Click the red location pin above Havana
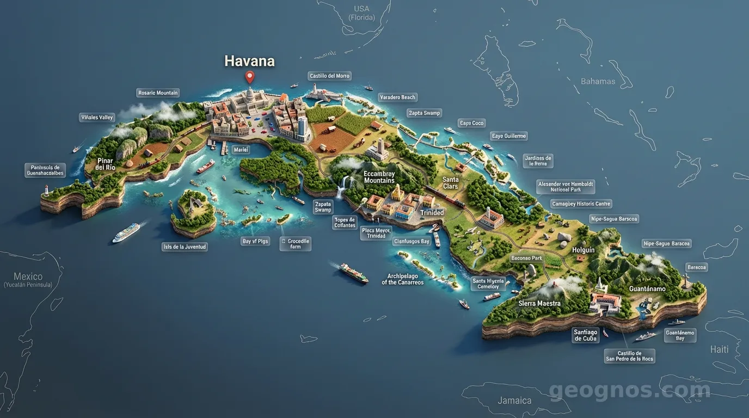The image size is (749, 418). pos(249,77)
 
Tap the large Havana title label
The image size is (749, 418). pos(249,61)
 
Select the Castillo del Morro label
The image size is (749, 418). pos(329,76)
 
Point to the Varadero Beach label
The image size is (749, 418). pos(397,97)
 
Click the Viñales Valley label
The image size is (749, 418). pos(97,118)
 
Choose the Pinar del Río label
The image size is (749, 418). pos(106,164)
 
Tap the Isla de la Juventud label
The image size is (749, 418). pos(185,247)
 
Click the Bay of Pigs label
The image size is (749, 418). pos(255,241)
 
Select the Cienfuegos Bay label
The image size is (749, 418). pos(412,241)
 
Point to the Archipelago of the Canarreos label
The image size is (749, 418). pos(402,279)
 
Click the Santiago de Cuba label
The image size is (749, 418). pos(585,335)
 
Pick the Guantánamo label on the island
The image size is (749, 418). pos(647,289)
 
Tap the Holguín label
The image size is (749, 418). pos(584,250)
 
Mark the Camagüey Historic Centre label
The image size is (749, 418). pos(582,204)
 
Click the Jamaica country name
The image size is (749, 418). pos(514,401)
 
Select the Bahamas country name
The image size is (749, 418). pos(598,82)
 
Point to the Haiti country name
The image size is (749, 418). pos(719,349)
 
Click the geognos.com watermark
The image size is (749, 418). pos(629,390)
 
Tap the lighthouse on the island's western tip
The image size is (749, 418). pos(47,190)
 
